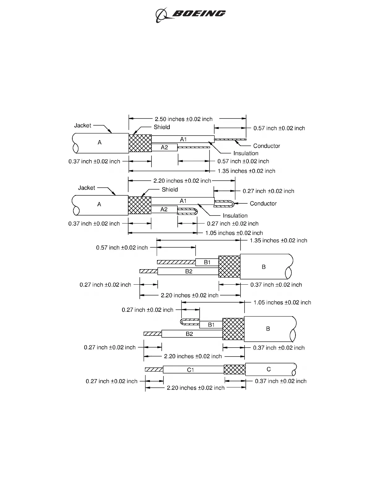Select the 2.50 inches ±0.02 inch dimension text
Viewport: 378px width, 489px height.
pyautogui.click(x=183, y=119)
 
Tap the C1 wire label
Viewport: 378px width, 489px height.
pyautogui.click(x=190, y=370)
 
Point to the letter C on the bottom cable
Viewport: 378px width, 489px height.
pyautogui.click(x=269, y=369)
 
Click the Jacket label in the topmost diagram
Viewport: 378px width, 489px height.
pyautogui.click(x=83, y=125)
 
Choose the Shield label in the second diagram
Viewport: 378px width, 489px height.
pyautogui.click(x=170, y=190)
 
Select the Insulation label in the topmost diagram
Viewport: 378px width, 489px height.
pyautogui.click(x=246, y=153)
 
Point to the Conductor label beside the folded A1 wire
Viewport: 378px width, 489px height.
pyautogui.click(x=263, y=203)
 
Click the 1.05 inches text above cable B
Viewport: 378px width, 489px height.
pyautogui.click(x=282, y=303)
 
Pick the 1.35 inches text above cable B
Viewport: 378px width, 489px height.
pyautogui.click(x=278, y=240)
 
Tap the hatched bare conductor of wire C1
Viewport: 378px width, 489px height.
pyautogui.click(x=154, y=370)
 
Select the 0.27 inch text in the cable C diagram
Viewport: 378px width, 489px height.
pyautogui.click(x=112, y=381)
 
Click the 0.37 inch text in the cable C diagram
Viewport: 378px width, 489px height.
pyautogui.click(x=281, y=381)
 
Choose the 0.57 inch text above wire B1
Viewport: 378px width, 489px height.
pyautogui.click(x=122, y=248)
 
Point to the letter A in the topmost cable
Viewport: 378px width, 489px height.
pyautogui.click(x=100, y=143)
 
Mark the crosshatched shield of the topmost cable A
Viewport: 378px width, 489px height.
pyautogui.click(x=140, y=143)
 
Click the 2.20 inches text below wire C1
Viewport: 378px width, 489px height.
pyautogui.click(x=196, y=388)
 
